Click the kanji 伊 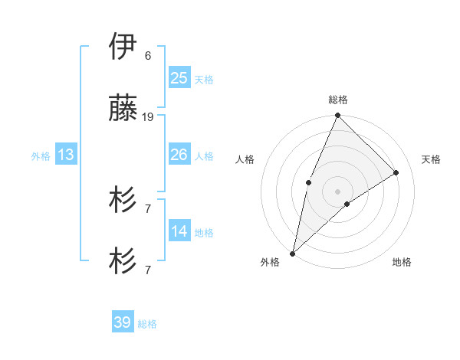123,47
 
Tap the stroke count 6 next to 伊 147,56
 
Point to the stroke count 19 148,117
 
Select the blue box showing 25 179,77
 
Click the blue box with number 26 179,155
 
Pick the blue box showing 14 179,231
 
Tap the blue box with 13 66,155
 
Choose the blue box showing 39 123,322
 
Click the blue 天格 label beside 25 204,79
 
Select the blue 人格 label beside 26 204,156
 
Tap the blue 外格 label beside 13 41,156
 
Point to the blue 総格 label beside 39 147,324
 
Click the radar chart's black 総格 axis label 338,100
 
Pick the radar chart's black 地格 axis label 402,262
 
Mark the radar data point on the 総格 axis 338,116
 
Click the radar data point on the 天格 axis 396,172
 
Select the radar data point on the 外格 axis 292,254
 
